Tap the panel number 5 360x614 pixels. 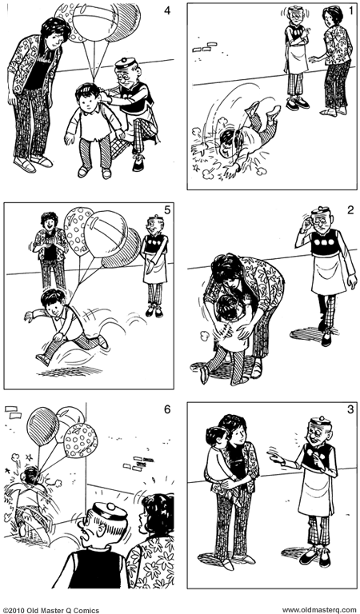(x=167, y=211)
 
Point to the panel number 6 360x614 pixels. (x=167, y=410)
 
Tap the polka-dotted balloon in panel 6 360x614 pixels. (x=80, y=439)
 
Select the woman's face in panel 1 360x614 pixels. (x=332, y=18)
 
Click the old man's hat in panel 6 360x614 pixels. (x=104, y=509)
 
